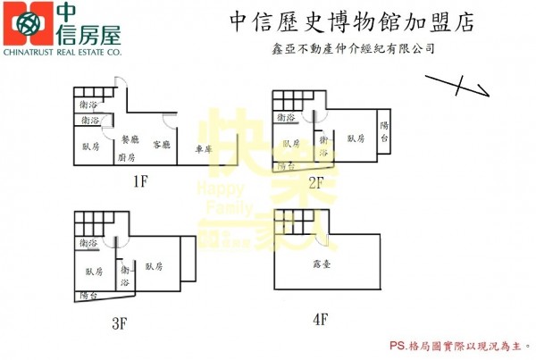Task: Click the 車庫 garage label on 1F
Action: tap(204, 148)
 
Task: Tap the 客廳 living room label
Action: tap(162, 144)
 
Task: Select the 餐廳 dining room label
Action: tap(129, 139)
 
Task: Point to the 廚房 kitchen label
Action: tap(126, 156)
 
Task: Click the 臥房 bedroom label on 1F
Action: tap(91, 147)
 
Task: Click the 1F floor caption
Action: tap(139, 182)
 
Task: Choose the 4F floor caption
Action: tap(321, 317)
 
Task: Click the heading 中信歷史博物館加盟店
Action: tap(339, 20)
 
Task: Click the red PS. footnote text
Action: tap(458, 344)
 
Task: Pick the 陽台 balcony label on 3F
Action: tap(88, 295)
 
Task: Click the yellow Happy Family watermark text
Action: tap(220, 197)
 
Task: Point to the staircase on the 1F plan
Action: tap(96, 95)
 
